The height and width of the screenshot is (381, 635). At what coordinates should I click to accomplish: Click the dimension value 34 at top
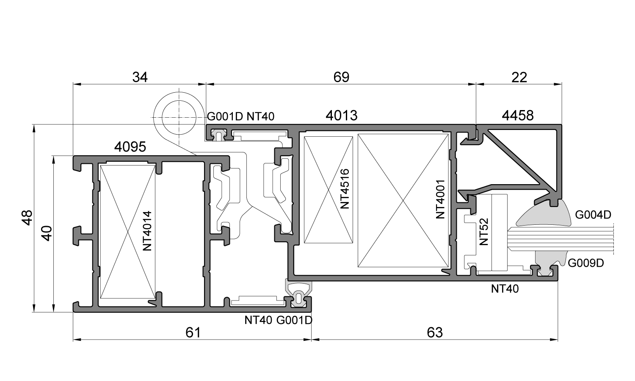140,77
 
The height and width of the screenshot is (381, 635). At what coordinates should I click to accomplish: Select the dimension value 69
342,77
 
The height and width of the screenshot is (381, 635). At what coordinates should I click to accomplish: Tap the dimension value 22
519,77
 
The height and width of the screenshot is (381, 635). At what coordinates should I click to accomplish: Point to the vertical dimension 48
27,218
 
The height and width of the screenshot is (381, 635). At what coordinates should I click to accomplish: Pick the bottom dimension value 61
193,332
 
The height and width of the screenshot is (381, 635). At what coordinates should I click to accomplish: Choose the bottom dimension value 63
435,332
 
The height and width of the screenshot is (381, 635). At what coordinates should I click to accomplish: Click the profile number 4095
130,147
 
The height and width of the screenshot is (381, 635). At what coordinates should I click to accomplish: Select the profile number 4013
342,115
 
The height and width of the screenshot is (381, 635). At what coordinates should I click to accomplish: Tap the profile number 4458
518,115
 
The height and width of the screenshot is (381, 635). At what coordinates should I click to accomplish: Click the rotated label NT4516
345,189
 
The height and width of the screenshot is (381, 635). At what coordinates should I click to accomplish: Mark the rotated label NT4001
441,199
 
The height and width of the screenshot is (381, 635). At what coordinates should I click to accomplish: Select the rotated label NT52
484,232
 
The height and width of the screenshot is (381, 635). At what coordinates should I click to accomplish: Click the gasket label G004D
593,215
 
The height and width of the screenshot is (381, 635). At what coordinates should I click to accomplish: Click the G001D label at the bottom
295,320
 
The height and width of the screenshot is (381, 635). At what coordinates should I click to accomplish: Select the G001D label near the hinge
224,116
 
